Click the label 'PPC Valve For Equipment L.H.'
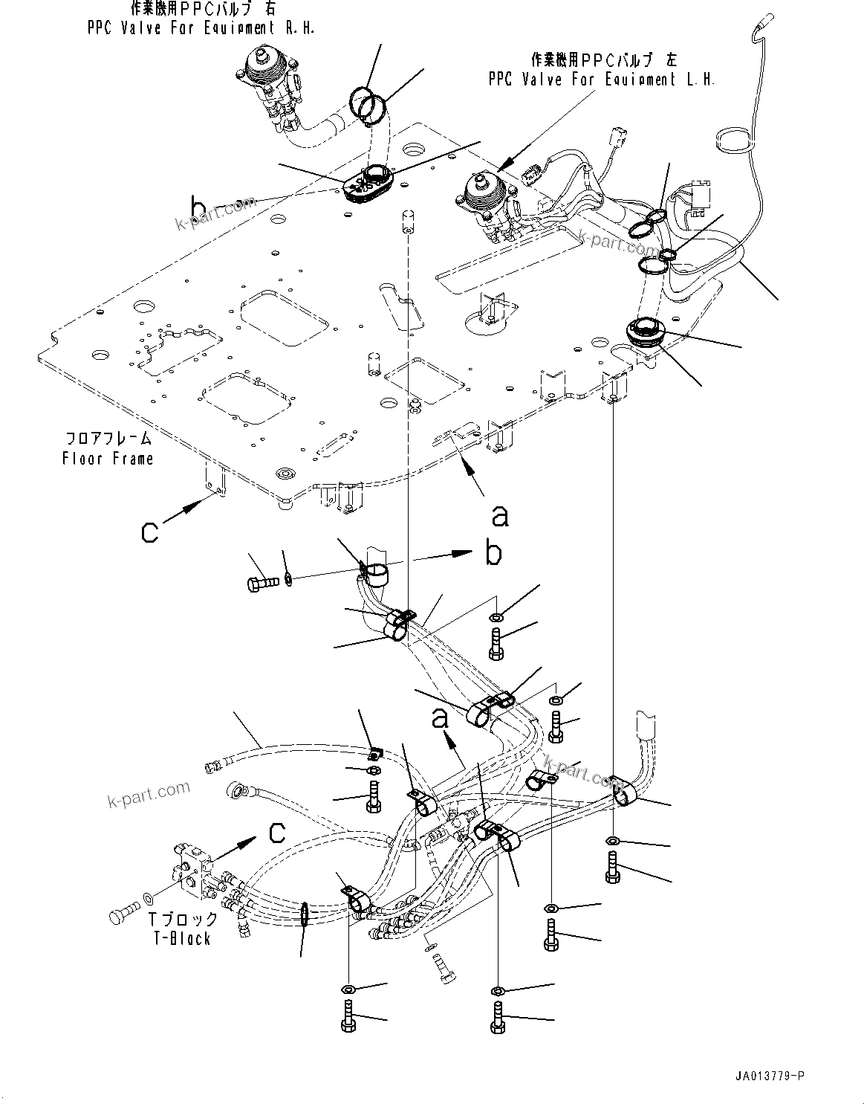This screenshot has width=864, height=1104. tap(602, 80)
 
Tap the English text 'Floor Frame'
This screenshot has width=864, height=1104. tap(108, 459)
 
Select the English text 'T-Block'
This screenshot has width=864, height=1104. tap(183, 939)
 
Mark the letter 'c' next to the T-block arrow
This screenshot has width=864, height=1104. tap(276, 833)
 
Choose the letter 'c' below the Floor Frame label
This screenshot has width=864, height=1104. tap(151, 532)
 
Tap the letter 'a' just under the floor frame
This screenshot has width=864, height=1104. tap(501, 515)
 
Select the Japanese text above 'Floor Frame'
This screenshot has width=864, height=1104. tap(108, 439)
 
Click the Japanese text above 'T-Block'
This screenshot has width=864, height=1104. tap(183, 920)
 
